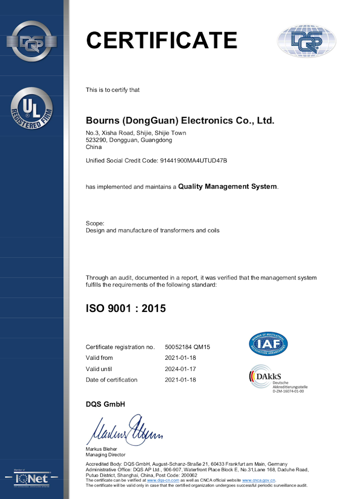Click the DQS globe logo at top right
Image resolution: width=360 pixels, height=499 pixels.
coord(306,41)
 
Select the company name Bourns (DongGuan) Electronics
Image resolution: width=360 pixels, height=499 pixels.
coord(180,121)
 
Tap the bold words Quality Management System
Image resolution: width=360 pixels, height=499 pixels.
coord(228,187)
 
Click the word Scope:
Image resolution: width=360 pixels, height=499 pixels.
coord(95,223)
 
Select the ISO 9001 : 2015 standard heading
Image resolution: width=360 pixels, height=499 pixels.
coord(126,308)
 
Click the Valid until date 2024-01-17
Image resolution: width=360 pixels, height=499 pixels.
coord(181,369)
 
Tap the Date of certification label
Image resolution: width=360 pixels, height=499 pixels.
coord(111,380)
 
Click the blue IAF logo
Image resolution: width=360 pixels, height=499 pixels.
coord(268,344)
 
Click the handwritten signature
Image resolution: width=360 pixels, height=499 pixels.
coord(124,430)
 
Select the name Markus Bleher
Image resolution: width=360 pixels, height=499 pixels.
coord(101,449)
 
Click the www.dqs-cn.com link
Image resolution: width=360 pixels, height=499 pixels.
coord(163,480)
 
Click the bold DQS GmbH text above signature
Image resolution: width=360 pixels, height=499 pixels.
coord(105,404)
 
